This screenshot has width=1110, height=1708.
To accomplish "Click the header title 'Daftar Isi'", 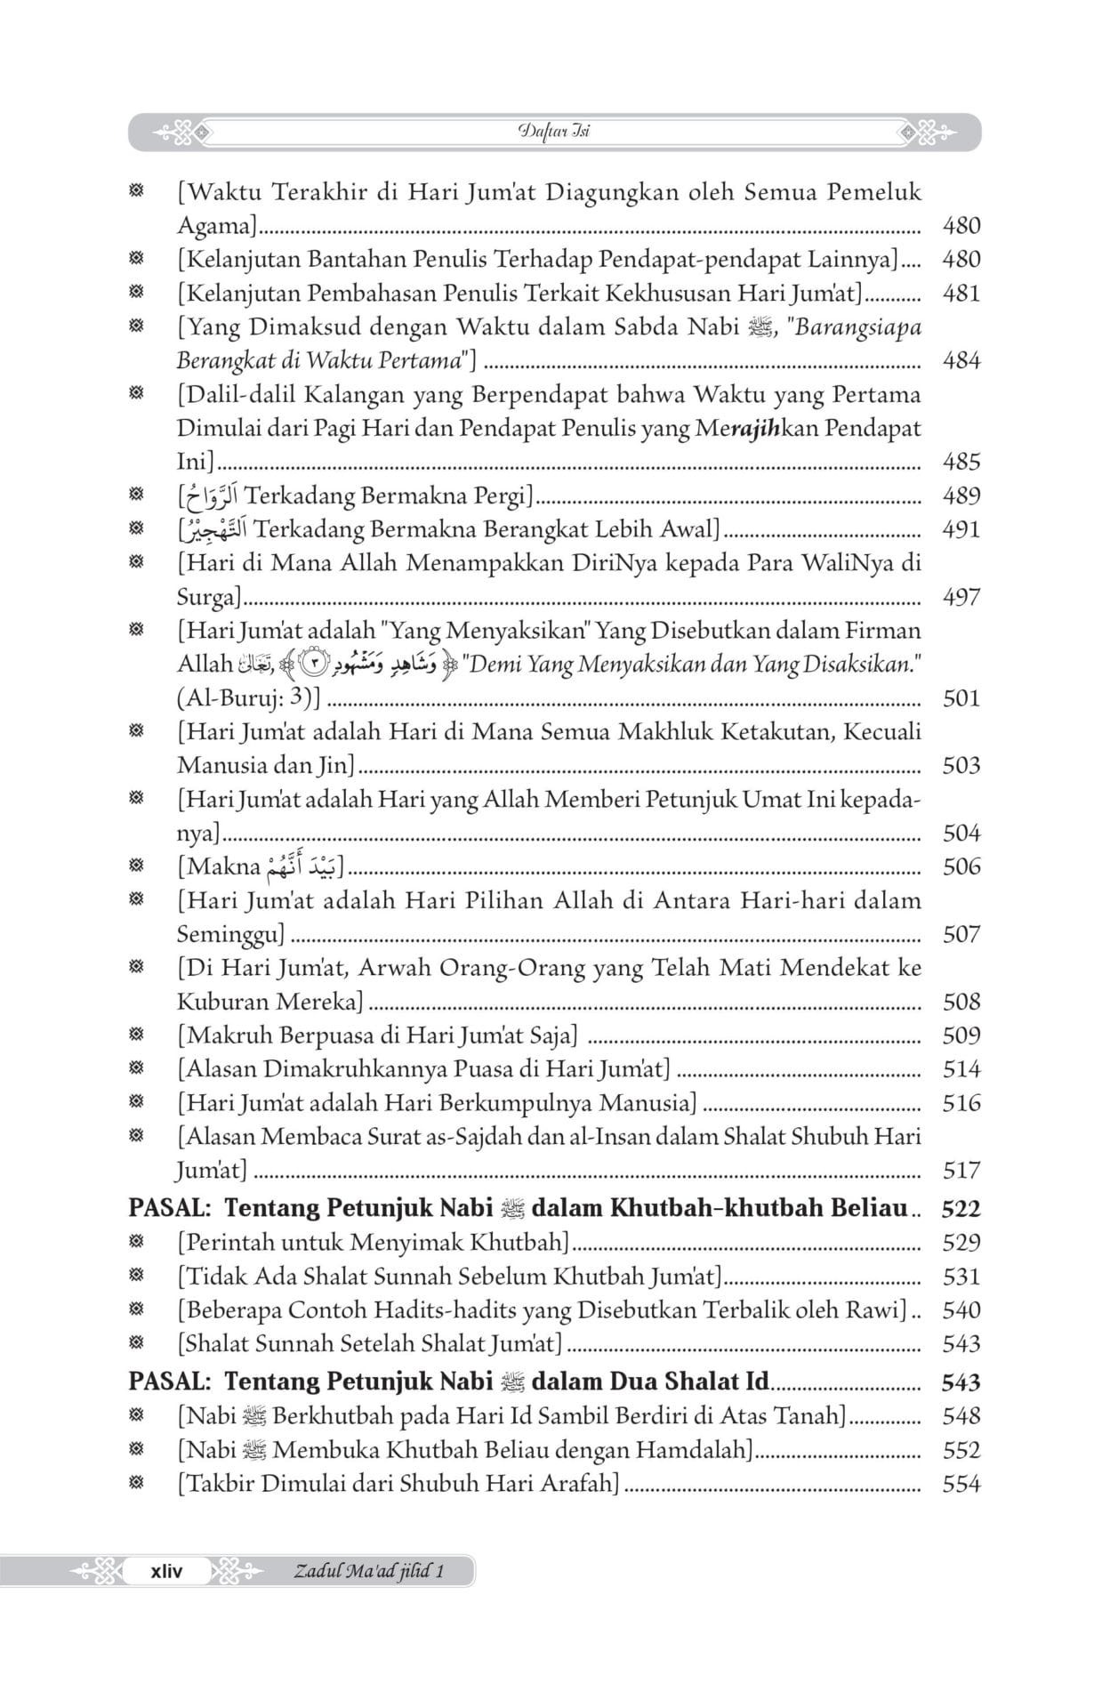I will tap(553, 132).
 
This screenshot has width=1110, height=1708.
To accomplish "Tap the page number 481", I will tap(961, 294).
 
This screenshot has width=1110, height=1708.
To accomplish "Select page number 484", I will tap(961, 360).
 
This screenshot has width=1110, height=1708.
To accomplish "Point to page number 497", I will tap(961, 597).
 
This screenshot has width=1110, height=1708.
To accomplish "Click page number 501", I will tap(961, 698).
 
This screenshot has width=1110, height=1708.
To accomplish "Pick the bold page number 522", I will tap(961, 1209).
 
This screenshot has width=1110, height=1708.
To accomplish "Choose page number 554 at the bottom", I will tap(961, 1484).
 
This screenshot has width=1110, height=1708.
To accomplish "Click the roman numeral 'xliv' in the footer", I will tap(166, 1571).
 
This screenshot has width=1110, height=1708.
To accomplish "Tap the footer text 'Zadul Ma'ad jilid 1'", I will tap(368, 1571).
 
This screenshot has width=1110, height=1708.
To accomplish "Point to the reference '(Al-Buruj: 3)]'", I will tap(248, 698).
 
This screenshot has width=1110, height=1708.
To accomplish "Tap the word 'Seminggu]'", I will tap(230, 934).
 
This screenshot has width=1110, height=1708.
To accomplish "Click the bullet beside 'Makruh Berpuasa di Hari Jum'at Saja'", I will tap(136, 1035).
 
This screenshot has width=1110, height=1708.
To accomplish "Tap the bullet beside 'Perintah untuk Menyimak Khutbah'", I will tap(136, 1243).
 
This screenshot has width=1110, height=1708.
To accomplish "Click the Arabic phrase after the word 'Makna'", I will tap(302, 865).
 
